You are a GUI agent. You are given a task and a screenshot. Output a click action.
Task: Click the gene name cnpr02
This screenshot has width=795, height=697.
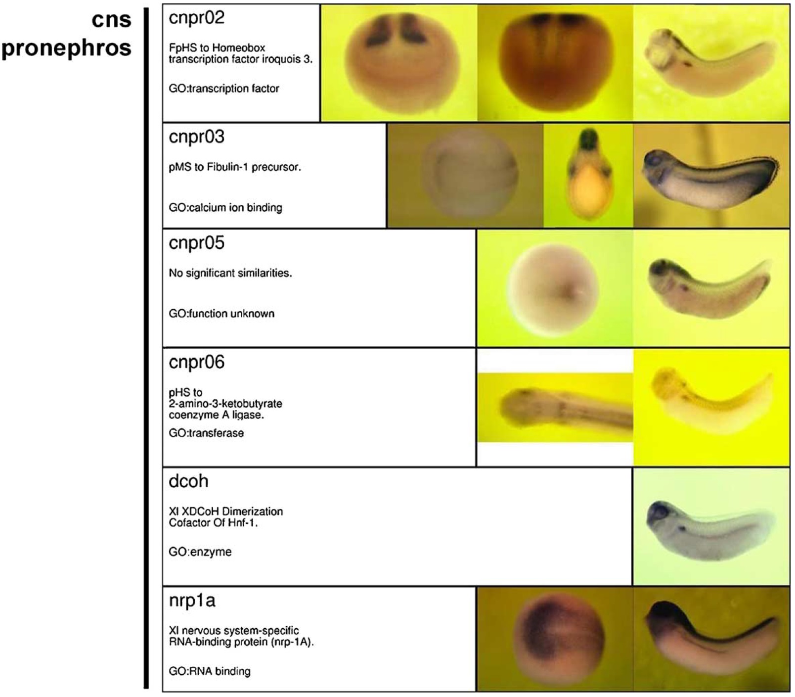click(x=196, y=18)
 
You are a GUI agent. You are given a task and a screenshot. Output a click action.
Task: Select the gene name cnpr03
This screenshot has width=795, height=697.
click(x=196, y=137)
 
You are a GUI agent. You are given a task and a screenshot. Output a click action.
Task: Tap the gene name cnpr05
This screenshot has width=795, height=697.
click(x=196, y=243)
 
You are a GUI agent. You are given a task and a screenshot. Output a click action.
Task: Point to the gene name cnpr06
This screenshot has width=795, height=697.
click(x=196, y=363)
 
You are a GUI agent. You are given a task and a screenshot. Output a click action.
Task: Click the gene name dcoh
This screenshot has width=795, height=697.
click(x=188, y=481)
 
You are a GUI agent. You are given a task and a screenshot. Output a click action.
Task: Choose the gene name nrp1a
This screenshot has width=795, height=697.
click(x=192, y=601)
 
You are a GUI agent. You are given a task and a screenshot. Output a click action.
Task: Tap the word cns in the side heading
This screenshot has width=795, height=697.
click(x=112, y=20)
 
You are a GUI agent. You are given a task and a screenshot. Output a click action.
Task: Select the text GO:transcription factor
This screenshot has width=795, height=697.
click(x=224, y=89)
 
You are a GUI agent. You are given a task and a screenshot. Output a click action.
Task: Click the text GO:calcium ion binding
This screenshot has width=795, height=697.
click(x=225, y=208)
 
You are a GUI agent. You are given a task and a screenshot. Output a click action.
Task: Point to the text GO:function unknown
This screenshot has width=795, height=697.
click(x=221, y=314)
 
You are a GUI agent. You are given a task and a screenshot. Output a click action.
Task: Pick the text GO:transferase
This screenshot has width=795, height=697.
click(x=206, y=433)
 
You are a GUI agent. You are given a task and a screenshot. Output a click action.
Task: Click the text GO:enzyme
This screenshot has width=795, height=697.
click(x=200, y=552)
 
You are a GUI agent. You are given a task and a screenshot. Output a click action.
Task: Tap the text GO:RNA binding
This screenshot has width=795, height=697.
click(x=210, y=671)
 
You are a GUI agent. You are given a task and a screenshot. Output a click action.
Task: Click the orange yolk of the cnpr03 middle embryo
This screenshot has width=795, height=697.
click(x=587, y=186)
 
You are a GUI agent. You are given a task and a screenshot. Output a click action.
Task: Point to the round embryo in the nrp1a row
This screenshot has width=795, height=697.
click(x=559, y=640)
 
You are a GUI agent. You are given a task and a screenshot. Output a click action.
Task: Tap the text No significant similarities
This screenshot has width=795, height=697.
click(x=230, y=273)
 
